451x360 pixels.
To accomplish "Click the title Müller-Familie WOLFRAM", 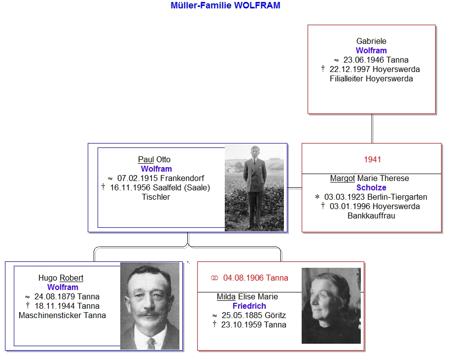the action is pyautogui.click(x=225, y=5).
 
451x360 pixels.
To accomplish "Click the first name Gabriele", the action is pyautogui.click(x=371, y=41).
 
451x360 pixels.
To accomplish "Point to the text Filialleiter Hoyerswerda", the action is pyautogui.click(x=371, y=79).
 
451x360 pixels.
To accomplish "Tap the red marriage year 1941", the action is pyautogui.click(x=373, y=159).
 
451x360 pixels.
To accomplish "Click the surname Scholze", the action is pyautogui.click(x=371, y=187).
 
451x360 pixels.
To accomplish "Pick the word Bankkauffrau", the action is pyautogui.click(x=371, y=216).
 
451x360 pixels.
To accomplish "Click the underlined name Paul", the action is pyautogui.click(x=146, y=159).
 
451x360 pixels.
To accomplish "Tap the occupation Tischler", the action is pyautogui.click(x=156, y=197).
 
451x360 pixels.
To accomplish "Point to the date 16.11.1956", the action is pyautogui.click(x=130, y=187).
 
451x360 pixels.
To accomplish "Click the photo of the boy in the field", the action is pyautogui.click(x=254, y=187).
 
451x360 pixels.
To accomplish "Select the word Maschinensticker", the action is pyautogui.click(x=50, y=316).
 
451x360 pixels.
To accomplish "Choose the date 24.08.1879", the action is pyautogui.click(x=55, y=297).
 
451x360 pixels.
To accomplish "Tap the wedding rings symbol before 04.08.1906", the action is pyautogui.click(x=214, y=278).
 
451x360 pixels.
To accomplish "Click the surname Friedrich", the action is pyautogui.click(x=249, y=306).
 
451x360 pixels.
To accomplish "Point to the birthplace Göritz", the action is pyautogui.click(x=275, y=316).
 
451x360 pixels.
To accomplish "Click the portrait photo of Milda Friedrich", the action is pyautogui.click(x=331, y=306).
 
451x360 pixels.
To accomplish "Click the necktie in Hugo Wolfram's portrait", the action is pyautogui.click(x=151, y=344).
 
